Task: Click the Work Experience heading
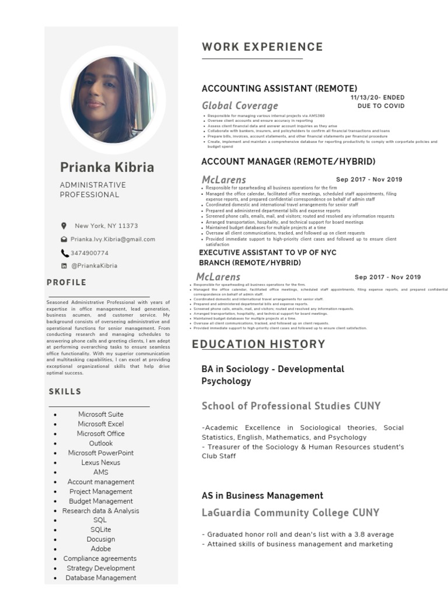[262, 47]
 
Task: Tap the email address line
[113, 239]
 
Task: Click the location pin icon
[64, 226]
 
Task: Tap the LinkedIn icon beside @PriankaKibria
[64, 266]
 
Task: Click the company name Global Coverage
[240, 106]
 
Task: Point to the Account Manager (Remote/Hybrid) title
[288, 161]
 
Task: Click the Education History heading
[258, 345]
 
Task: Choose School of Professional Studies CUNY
[291, 406]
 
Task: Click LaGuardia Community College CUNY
[290, 513]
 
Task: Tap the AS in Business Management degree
[262, 496]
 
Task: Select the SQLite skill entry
[100, 529]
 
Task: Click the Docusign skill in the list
[100, 539]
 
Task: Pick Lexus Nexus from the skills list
[100, 462]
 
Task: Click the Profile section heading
[66, 283]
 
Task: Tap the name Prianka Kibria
[107, 167]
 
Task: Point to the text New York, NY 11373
[106, 226]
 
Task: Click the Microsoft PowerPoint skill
[100, 453]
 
